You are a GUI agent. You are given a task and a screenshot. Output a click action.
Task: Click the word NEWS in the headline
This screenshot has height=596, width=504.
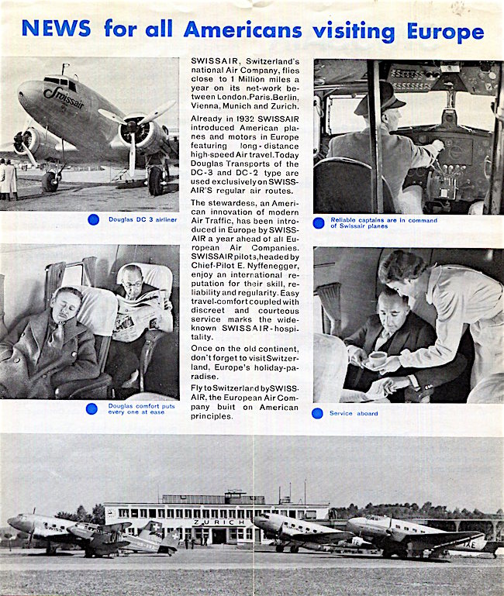click(x=57, y=29)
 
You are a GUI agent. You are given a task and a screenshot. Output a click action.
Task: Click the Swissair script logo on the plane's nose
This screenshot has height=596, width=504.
click(x=64, y=97)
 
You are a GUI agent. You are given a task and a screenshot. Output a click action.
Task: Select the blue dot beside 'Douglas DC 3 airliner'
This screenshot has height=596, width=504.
click(x=94, y=219)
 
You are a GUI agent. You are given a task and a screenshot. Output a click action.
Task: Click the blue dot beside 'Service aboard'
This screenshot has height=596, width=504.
click(x=317, y=413)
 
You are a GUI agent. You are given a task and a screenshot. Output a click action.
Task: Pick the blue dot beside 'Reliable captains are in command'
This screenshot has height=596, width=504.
click(x=319, y=222)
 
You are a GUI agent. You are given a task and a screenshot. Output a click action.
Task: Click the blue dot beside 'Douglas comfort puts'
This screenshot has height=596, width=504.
click(x=92, y=408)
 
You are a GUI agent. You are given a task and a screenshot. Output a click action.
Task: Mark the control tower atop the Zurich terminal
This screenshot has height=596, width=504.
click(x=232, y=496)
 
